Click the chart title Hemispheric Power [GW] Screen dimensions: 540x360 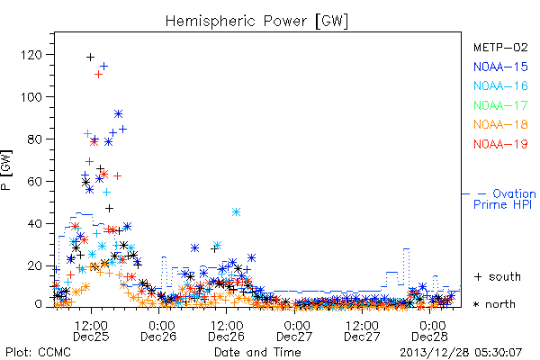(x=256, y=21)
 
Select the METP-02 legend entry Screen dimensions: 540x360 (x=500, y=47)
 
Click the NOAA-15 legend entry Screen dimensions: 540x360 (x=500, y=67)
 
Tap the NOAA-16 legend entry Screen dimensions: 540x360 (x=500, y=85)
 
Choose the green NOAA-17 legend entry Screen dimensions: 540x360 (x=500, y=105)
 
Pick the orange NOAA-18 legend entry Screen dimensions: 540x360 (x=500, y=124)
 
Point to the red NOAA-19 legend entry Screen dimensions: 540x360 (x=500, y=144)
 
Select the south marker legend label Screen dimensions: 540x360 (x=498, y=276)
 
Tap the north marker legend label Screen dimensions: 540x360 (x=494, y=304)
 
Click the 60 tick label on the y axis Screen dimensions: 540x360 (x=35, y=181)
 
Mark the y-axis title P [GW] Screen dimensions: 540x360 (x=6, y=170)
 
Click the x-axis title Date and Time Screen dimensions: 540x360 (x=257, y=352)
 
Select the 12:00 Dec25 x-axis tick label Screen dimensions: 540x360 (x=91, y=330)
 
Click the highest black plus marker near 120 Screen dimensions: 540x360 (x=90, y=57)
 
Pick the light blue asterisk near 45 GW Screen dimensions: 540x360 (x=236, y=211)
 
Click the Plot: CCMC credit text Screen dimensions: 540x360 (x=38, y=352)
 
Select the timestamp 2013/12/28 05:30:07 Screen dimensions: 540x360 (x=461, y=353)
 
